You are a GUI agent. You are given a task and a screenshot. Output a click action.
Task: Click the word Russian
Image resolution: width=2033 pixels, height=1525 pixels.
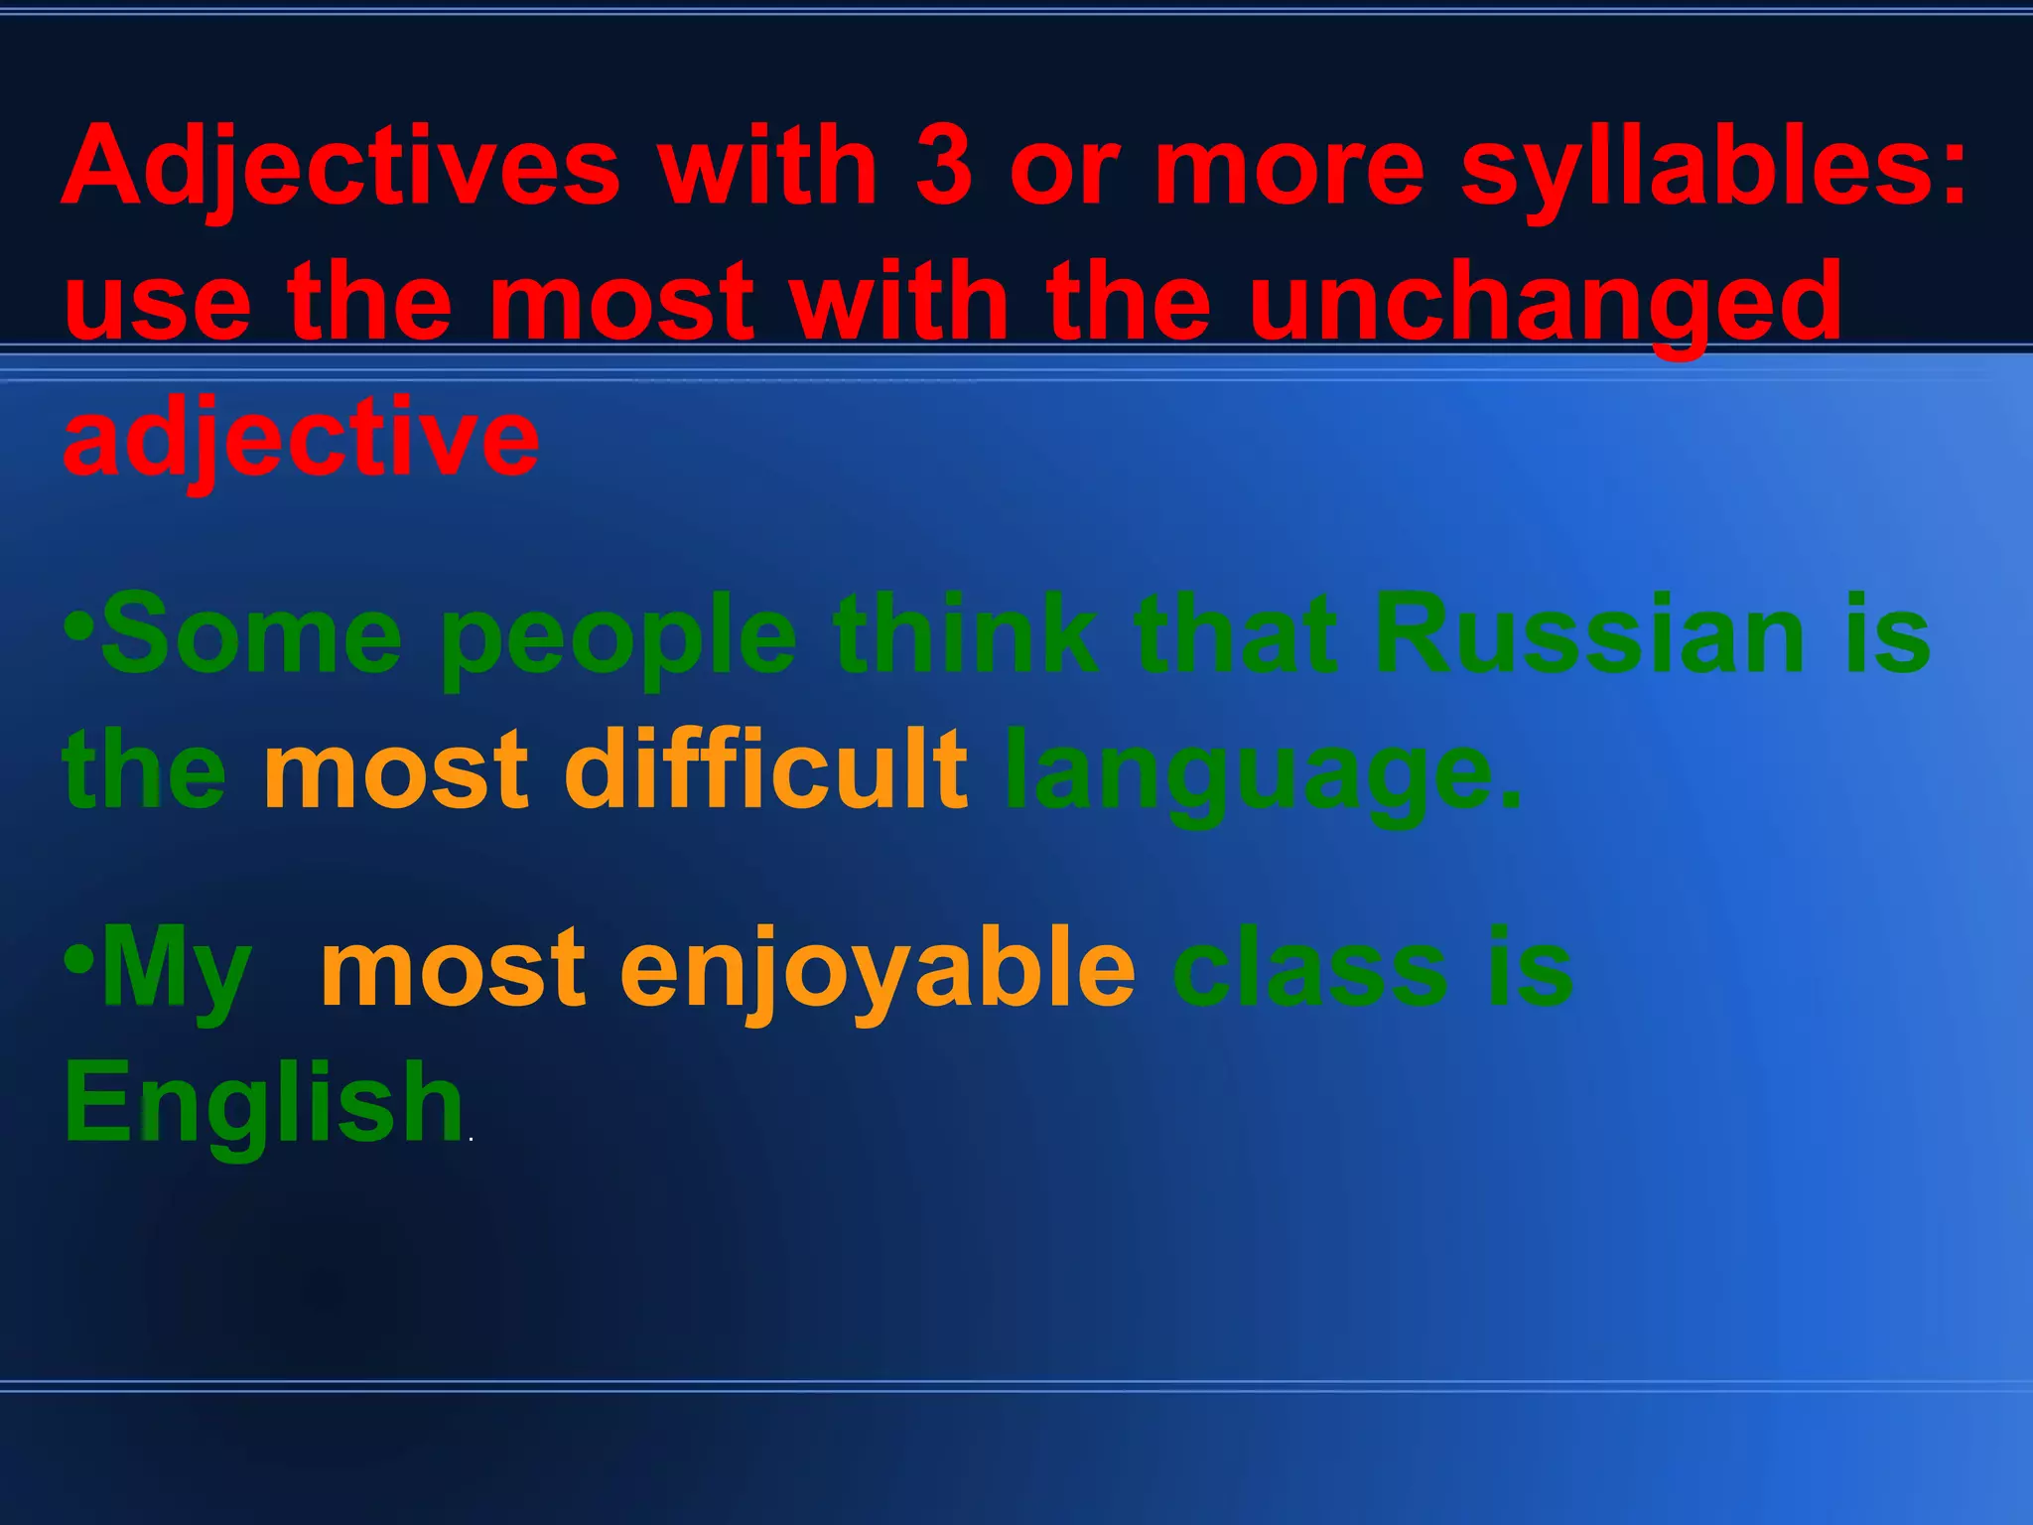(x=1588, y=633)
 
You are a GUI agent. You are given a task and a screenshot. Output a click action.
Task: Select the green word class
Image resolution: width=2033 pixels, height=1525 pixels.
(x=1309, y=968)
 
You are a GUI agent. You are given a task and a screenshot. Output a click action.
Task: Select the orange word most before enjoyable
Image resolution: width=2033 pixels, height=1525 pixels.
(x=453, y=969)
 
